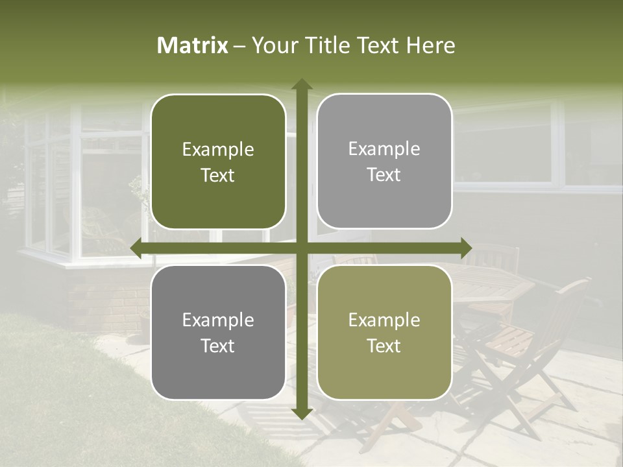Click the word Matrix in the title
[193, 45]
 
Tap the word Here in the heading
[430, 45]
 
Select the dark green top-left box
[218, 162]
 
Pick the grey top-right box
[384, 162]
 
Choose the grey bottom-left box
[218, 332]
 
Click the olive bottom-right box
[384, 332]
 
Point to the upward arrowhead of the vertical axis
[301, 84]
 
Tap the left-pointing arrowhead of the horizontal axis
[137, 248]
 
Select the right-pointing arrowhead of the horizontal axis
[465, 248]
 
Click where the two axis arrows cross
[301, 248]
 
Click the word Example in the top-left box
[218, 150]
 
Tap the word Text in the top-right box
[384, 175]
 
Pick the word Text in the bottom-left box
[218, 346]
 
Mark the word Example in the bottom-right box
[384, 320]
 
